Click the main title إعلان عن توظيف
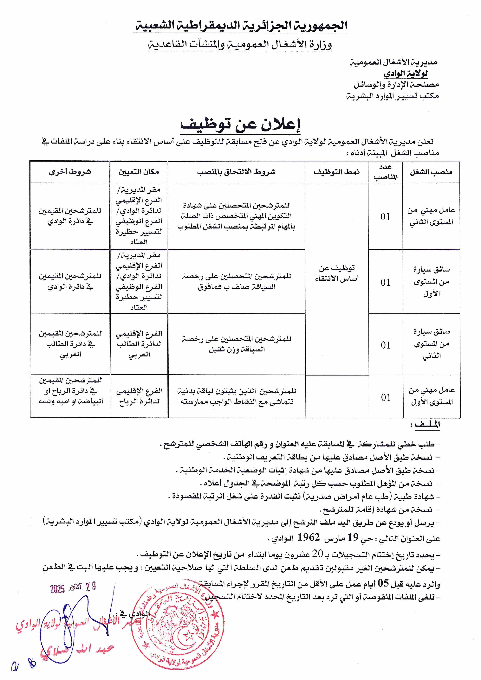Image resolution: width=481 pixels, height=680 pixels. coord(240,125)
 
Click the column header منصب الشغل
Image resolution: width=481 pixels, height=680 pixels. coord(431,172)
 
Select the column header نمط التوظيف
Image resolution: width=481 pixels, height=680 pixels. coord(337,172)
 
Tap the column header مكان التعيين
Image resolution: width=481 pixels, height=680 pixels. coord(139,172)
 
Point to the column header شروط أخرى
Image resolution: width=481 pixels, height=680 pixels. coord(70,172)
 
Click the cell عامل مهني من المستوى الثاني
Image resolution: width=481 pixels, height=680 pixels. coord(431,216)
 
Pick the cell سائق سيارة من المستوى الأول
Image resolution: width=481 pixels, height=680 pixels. coord(431,282)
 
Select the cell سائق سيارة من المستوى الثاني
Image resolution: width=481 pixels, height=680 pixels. coord(431,344)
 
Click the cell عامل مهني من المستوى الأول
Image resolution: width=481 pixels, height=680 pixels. coord(432,396)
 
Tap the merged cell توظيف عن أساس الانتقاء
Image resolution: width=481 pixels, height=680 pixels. coord(337,273)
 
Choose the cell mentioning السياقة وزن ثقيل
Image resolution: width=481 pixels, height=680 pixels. coord(237,344)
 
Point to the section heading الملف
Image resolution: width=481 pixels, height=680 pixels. coord(427,425)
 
